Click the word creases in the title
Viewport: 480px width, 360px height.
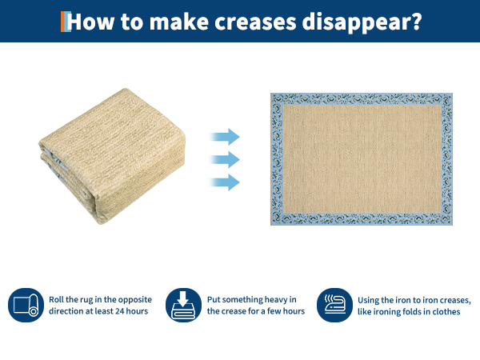click(x=255, y=22)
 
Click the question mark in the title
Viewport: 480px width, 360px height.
click(x=415, y=21)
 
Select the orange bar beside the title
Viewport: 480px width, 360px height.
click(x=62, y=22)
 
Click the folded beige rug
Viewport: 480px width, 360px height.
click(x=112, y=156)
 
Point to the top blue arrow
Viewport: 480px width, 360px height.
click(x=225, y=137)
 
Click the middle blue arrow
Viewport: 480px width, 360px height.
click(x=225, y=159)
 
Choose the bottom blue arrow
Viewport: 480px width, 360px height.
click(x=225, y=182)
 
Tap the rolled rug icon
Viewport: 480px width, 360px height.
click(x=26, y=306)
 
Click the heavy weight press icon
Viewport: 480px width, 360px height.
click(x=183, y=306)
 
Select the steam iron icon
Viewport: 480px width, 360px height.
click(x=334, y=306)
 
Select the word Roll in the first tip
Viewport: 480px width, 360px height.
click(x=56, y=299)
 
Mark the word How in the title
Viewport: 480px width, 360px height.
click(x=90, y=22)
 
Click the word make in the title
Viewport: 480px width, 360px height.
click(x=178, y=22)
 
